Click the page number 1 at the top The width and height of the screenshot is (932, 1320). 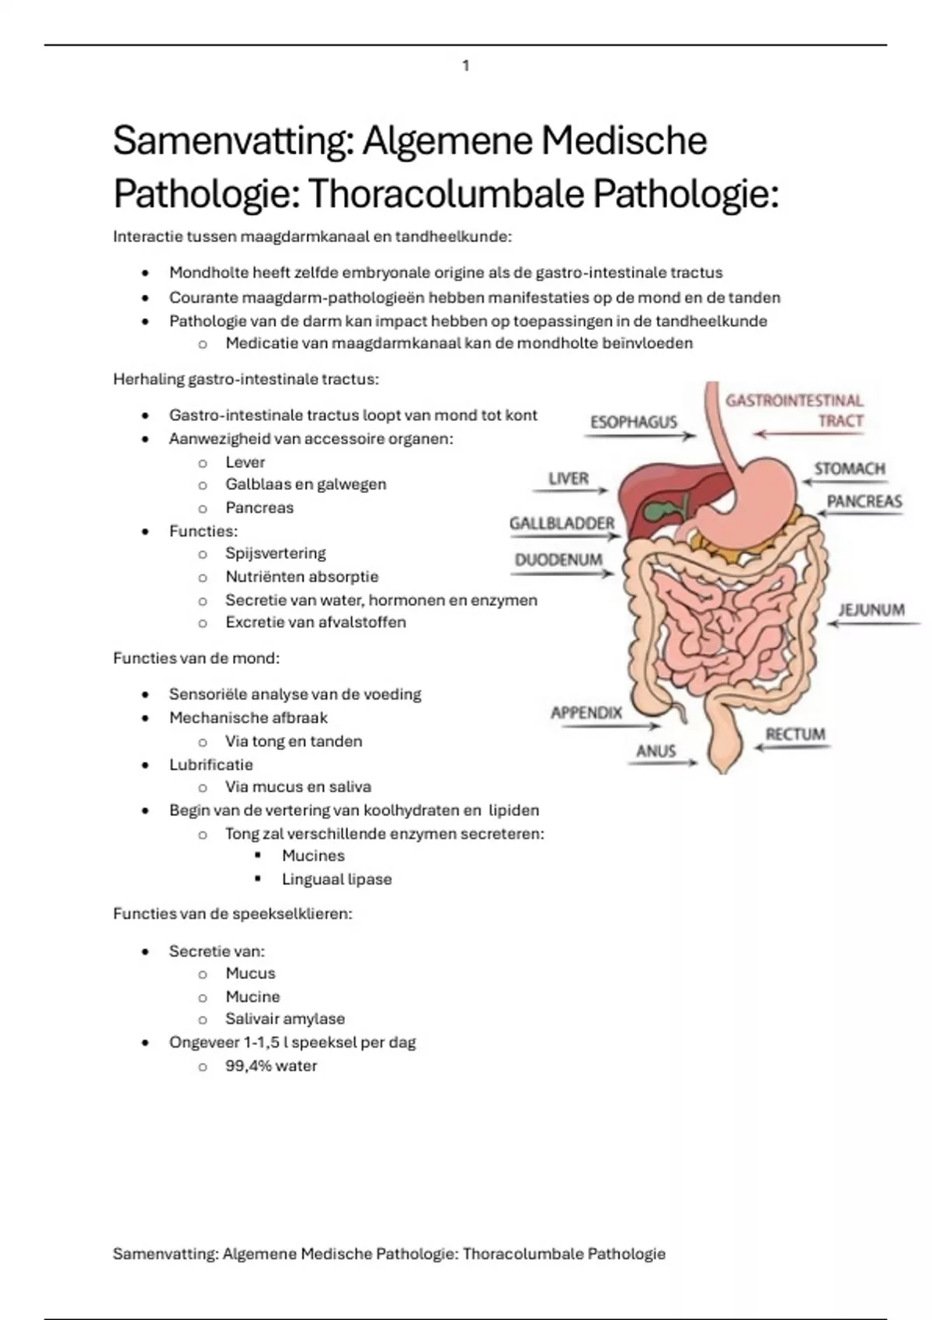coord(466,65)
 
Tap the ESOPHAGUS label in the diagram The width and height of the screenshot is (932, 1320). coord(634,422)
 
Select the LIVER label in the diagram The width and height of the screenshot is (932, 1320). coord(569,478)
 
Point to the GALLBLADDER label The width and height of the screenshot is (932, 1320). coord(562,523)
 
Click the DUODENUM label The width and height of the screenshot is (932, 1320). coord(558,560)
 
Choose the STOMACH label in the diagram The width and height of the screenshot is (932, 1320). coord(850,468)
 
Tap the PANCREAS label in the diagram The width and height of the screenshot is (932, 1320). coord(864,502)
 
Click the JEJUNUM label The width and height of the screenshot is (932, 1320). coord(871,610)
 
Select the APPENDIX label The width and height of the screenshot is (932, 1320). coord(586,713)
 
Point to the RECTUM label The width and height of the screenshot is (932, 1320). coord(795,735)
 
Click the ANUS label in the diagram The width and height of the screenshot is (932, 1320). coord(656,751)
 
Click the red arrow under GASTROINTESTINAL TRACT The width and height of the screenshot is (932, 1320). coord(809,434)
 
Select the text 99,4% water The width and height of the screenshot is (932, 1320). coord(271,1065)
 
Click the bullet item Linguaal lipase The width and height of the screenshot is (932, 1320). coord(336,879)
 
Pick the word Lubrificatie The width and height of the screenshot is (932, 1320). coord(211,764)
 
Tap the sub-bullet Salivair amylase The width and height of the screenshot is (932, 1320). coord(285,1018)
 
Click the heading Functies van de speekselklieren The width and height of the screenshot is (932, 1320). coord(233,913)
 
